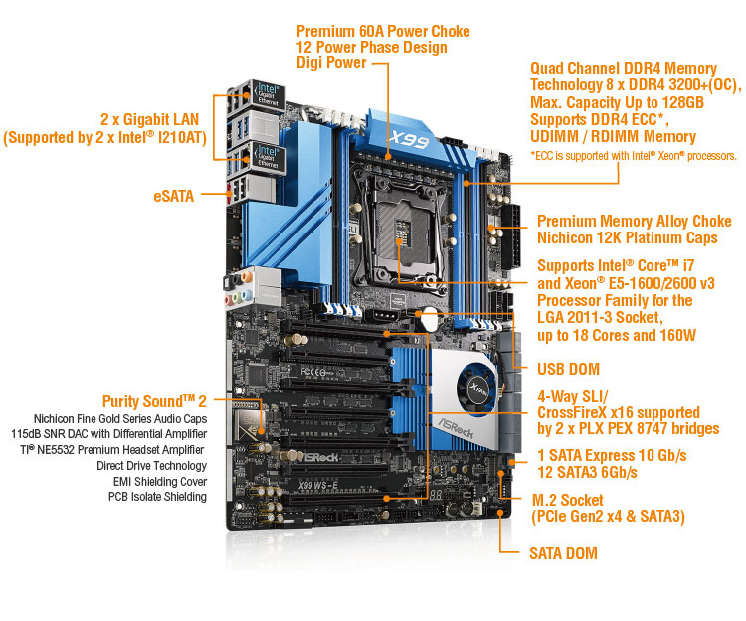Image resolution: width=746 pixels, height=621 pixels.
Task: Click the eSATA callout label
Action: click(174, 196)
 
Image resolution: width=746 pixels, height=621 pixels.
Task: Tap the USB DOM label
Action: click(568, 369)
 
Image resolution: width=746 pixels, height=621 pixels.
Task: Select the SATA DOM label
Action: click(563, 553)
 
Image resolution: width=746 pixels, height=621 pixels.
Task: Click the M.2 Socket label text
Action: click(567, 500)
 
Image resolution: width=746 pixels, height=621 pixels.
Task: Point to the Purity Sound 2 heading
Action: click(154, 401)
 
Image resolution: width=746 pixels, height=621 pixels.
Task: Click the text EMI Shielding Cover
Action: click(160, 481)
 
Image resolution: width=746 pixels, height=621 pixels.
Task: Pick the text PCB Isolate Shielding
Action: click(157, 497)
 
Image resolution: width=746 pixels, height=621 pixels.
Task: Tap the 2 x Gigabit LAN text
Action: click(149, 119)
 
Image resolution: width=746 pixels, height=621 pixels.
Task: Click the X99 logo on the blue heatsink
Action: click(408, 139)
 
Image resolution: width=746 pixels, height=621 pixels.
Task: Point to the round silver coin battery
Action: click(429, 319)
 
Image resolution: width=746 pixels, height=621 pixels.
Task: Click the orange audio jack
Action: click(246, 276)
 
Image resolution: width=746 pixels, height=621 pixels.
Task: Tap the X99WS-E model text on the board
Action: click(318, 485)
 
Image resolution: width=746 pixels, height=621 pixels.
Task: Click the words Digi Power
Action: click(331, 63)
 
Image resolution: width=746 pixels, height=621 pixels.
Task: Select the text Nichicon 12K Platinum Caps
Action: click(627, 237)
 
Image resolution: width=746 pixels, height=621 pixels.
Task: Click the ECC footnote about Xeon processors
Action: click(634, 156)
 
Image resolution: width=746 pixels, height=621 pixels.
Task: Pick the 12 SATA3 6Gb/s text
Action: click(587, 472)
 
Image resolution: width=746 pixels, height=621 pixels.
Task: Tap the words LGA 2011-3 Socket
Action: click(600, 317)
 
